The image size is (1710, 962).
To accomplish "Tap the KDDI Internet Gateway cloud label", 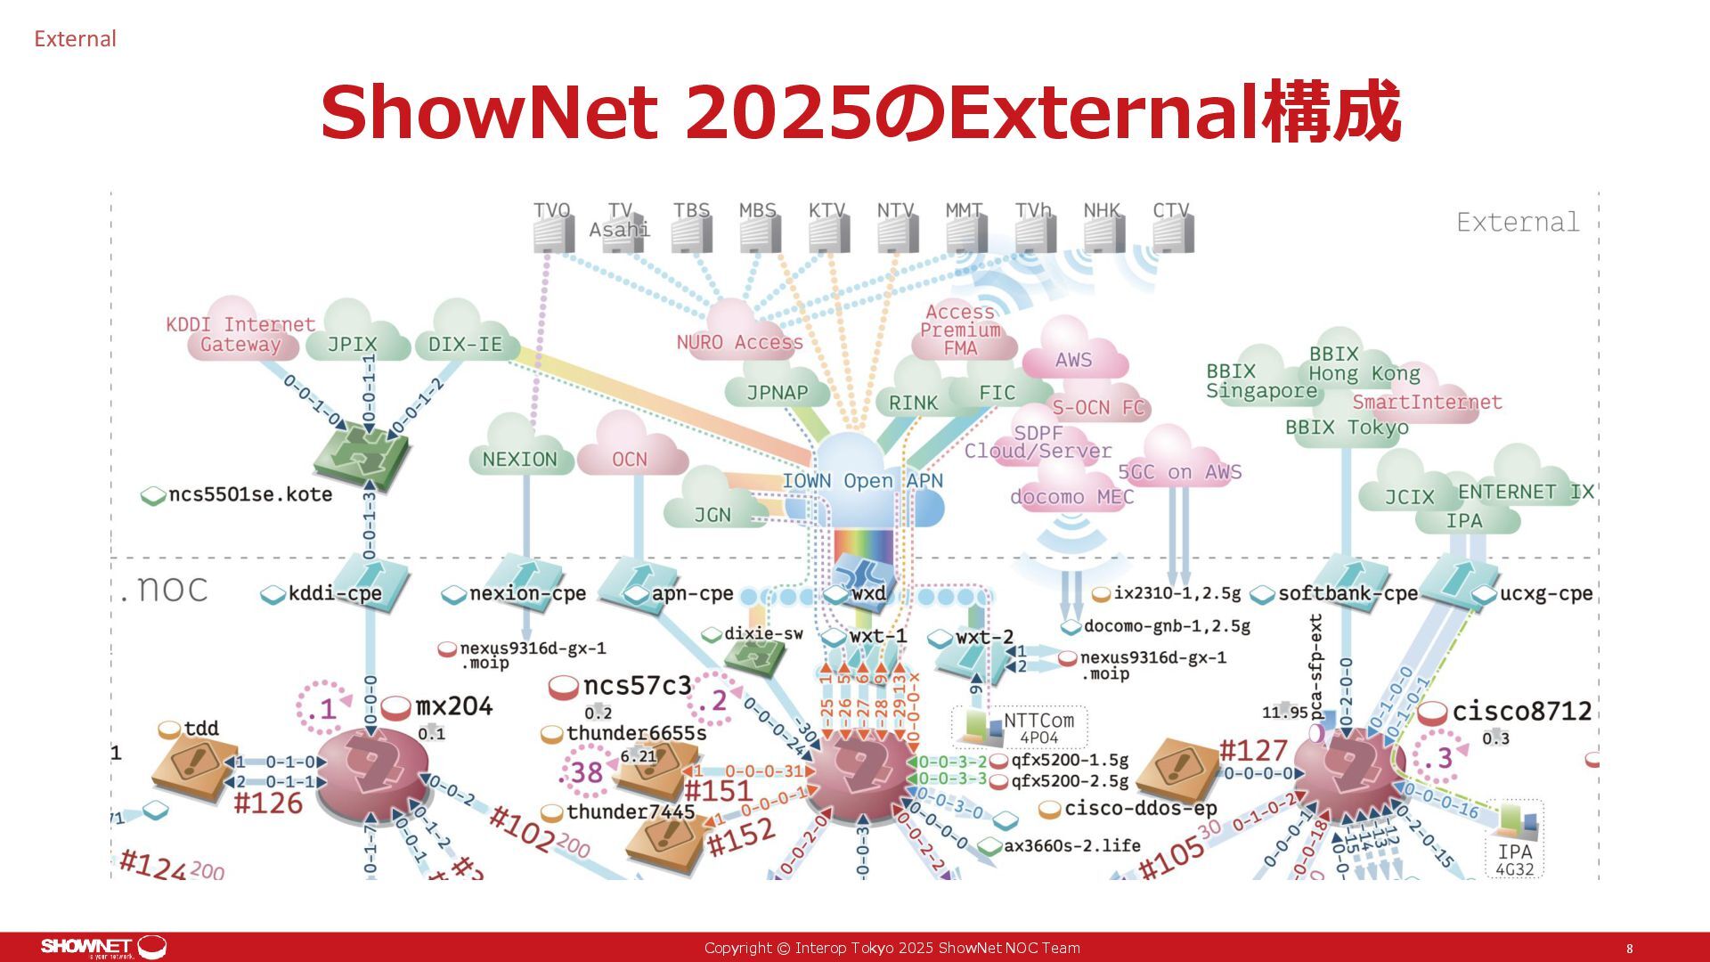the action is click(240, 335).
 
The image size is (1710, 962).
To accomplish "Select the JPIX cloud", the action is click(352, 343).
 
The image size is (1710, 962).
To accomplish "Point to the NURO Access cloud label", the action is click(739, 342).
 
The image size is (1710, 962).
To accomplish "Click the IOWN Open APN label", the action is click(861, 481).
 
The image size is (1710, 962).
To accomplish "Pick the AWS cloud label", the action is click(1073, 359).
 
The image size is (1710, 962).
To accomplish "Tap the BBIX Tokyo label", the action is click(1347, 428).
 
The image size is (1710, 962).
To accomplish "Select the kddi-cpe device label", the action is click(335, 593).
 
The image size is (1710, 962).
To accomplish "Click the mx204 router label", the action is click(453, 706).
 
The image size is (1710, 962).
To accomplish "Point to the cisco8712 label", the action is click(1521, 711).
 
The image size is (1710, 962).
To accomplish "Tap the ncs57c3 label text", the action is click(637, 686).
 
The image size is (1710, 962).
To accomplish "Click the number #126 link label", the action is click(268, 803).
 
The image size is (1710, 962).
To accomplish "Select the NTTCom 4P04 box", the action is click(1020, 727).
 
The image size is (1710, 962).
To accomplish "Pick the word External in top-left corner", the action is click(75, 39).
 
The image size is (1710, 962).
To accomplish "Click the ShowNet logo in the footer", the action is click(103, 947).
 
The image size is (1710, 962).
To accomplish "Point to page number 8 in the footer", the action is click(1630, 949).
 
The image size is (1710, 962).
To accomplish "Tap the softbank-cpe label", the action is click(1348, 593).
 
